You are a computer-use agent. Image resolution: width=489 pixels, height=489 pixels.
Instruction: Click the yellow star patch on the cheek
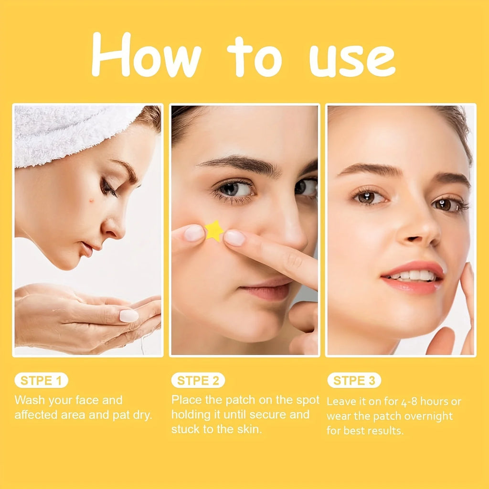[x=214, y=231]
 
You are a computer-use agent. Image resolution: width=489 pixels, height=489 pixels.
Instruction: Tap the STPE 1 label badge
[x=42, y=380]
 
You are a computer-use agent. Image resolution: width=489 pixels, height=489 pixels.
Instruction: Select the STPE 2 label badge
[x=198, y=380]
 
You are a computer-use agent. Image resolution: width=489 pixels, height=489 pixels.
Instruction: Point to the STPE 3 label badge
[x=354, y=380]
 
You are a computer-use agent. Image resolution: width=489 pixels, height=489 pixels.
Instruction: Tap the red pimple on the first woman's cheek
[x=92, y=200]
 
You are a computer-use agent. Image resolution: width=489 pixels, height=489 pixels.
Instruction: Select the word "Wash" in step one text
[x=30, y=400]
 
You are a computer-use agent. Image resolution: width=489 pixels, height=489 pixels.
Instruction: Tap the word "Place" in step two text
[x=187, y=400]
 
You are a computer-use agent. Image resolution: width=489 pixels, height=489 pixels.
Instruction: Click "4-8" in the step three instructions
[x=409, y=402]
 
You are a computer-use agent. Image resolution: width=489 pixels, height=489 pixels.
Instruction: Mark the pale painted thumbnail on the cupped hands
[x=129, y=316]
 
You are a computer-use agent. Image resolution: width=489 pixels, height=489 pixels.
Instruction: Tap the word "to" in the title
[x=254, y=57]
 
